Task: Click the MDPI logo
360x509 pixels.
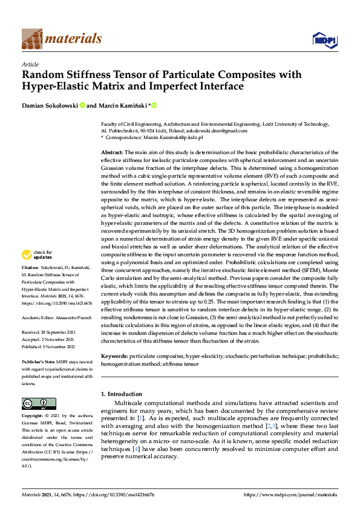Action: [323, 40]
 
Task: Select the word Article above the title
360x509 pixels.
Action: [30, 64]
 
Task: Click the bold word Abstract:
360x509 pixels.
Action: [112, 152]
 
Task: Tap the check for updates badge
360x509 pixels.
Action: [36, 271]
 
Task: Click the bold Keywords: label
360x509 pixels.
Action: [114, 357]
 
